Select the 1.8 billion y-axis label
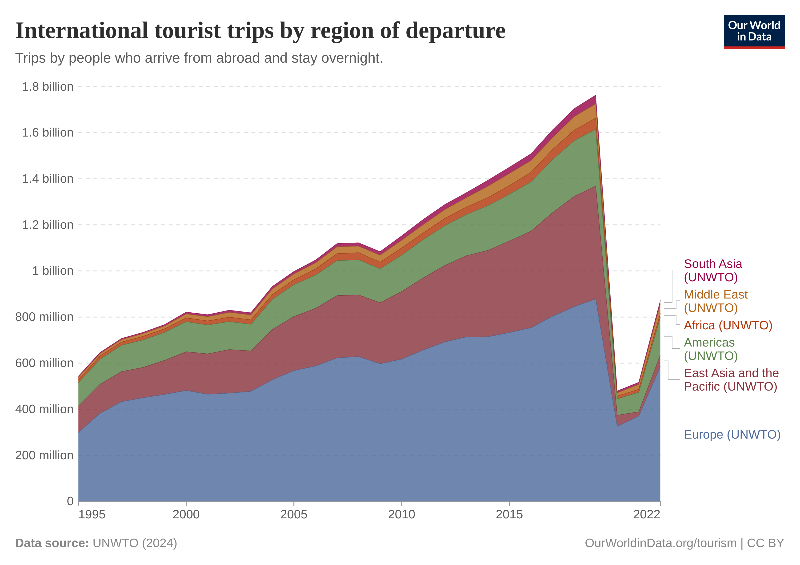48,87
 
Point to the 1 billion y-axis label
53,271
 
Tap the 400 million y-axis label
44,409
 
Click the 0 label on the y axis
70,501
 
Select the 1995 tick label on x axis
92,514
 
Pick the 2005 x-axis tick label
294,514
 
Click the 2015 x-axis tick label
509,514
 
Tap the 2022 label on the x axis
647,514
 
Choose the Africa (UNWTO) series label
728,325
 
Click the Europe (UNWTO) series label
732,435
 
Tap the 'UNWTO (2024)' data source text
135,543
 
